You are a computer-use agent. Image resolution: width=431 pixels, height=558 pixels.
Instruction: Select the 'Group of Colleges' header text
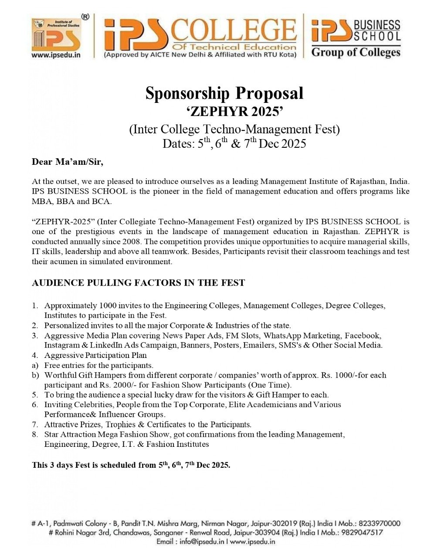pyautogui.click(x=356, y=53)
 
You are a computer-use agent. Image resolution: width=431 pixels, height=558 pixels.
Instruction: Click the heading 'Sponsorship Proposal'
pyautogui.click(x=224, y=93)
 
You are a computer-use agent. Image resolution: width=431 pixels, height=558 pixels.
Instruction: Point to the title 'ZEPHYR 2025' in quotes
pyautogui.click(x=235, y=112)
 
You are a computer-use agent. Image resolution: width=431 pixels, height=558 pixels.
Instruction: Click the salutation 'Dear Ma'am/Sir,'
pyautogui.click(x=68, y=162)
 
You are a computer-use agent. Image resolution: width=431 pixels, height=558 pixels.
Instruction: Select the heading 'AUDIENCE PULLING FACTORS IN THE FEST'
pyautogui.click(x=138, y=283)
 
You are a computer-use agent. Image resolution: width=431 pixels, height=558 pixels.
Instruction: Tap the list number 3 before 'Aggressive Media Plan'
pyautogui.click(x=34, y=336)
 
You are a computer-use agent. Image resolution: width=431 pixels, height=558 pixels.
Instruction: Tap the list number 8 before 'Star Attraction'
pyautogui.click(x=34, y=435)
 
